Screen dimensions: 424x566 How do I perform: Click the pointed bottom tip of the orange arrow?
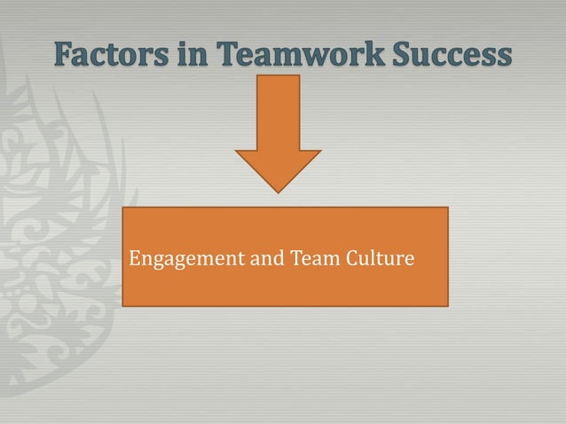pyautogui.click(x=279, y=192)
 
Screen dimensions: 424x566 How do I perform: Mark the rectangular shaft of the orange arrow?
pyautogui.click(x=279, y=111)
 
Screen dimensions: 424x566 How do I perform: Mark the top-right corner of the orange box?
pyautogui.click(x=447, y=208)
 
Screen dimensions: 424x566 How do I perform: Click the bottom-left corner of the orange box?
pyautogui.click(x=122, y=305)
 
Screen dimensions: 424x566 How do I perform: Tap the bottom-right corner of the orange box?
pyautogui.click(x=447, y=305)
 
